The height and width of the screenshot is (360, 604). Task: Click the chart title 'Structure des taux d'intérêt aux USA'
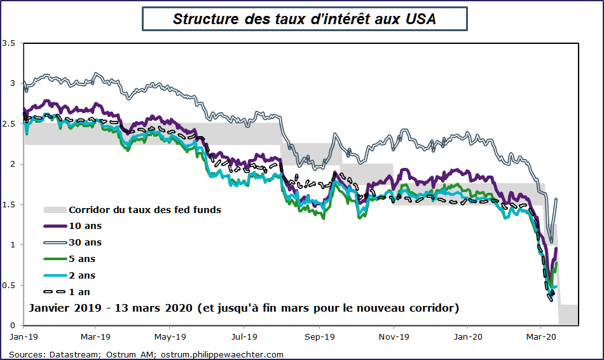(x=305, y=18)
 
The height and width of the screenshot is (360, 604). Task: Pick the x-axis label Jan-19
(x=23, y=335)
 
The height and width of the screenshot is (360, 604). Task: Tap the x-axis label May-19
(x=170, y=335)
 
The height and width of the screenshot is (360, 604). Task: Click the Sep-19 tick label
(x=319, y=335)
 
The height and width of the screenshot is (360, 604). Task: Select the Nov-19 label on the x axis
(x=393, y=335)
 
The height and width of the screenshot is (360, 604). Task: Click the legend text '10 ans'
(x=85, y=226)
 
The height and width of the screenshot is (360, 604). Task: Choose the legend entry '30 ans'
(x=85, y=242)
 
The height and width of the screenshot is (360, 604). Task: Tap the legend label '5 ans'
(x=82, y=259)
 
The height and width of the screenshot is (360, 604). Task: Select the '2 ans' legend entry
(x=82, y=275)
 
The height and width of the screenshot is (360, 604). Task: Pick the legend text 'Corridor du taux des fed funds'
(x=144, y=209)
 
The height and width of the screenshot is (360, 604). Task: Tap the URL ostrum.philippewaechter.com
(x=222, y=354)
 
